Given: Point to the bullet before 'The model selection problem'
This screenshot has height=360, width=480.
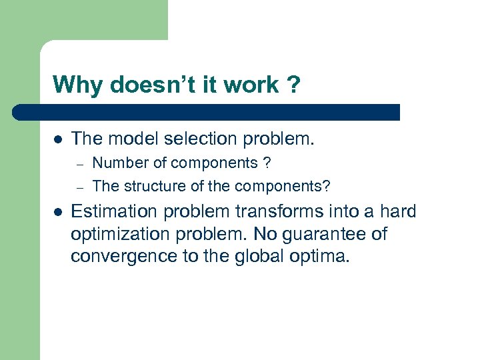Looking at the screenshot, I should pos(58,139).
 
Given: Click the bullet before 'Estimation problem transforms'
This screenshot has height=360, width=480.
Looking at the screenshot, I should pos(58,212).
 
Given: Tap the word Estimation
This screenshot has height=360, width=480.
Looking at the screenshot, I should pos(112,212).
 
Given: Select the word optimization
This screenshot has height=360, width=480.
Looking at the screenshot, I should pos(117,235).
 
